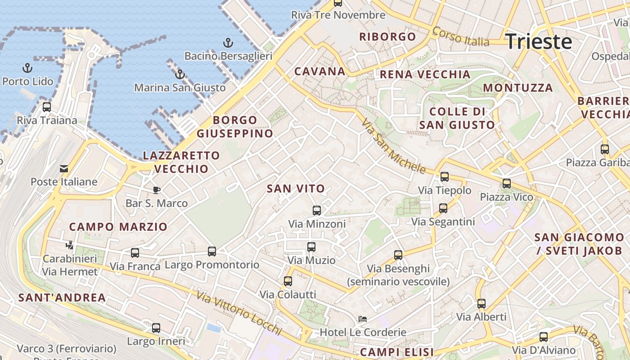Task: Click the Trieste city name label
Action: (x=539, y=42)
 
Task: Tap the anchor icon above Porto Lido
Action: (x=28, y=68)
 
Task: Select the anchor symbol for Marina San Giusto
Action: (x=180, y=74)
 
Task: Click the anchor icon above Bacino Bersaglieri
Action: (x=228, y=43)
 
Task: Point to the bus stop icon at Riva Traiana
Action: (x=47, y=107)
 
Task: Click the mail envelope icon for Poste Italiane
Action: (x=64, y=169)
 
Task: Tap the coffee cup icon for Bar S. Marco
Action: (x=156, y=190)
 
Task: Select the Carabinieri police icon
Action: (x=69, y=245)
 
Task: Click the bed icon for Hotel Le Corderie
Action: (x=362, y=319)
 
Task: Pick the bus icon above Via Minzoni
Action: (x=317, y=210)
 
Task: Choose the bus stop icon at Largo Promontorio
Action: (x=212, y=252)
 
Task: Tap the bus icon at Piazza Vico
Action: (x=507, y=184)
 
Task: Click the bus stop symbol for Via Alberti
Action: (x=481, y=303)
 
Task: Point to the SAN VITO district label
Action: (x=296, y=189)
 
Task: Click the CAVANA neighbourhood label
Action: (x=320, y=71)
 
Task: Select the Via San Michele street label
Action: (x=393, y=146)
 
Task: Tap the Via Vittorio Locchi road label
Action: (x=239, y=313)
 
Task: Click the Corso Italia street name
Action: (x=460, y=37)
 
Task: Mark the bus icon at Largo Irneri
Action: (x=156, y=328)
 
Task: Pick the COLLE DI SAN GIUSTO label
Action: (x=457, y=118)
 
